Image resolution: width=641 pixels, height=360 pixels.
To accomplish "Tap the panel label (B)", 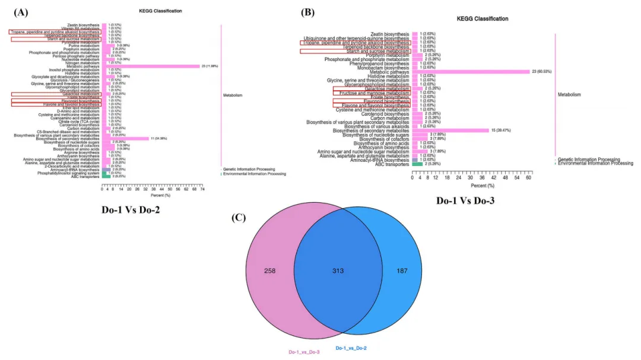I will coord(308,12).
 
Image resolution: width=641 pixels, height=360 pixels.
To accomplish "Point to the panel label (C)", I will coord(238,218).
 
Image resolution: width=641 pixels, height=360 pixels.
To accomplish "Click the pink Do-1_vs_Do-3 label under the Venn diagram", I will coord(304,352).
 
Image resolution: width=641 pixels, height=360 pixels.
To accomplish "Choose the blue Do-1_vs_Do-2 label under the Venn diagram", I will coord(352,348).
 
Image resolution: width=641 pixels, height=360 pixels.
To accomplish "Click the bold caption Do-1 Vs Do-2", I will coord(131,209).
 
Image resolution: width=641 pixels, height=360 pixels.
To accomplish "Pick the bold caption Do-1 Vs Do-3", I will coord(465,200).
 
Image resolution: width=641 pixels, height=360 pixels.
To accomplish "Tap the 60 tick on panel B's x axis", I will coord(528,178).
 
